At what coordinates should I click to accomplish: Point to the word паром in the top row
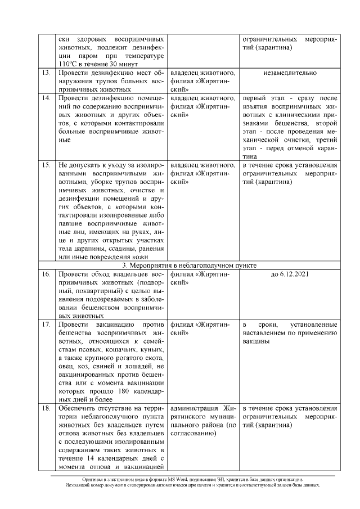click(89, 57)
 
